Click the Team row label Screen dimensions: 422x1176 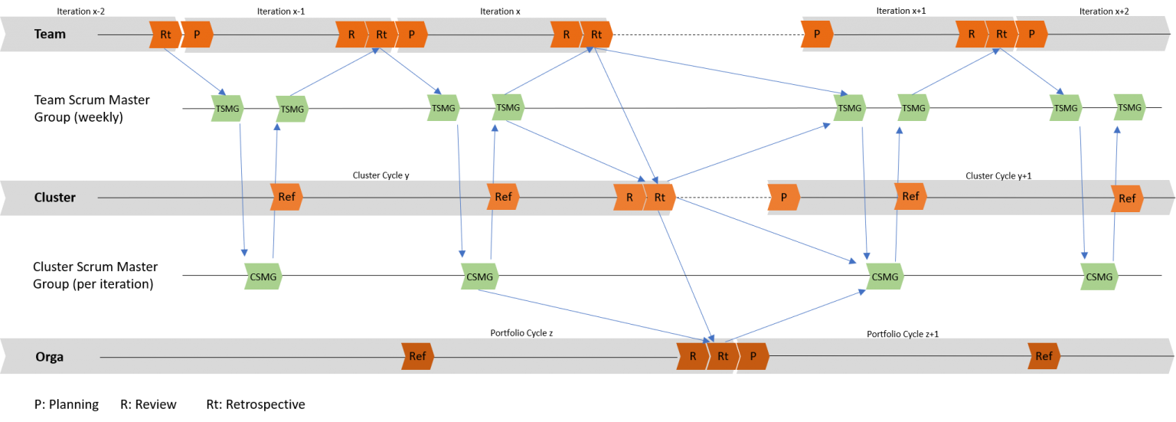click(x=50, y=34)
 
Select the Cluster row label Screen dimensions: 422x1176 click(x=54, y=198)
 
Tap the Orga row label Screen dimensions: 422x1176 click(x=49, y=356)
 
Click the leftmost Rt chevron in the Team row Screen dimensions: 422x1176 click(x=165, y=34)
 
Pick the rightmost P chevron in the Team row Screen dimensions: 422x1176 click(x=1031, y=34)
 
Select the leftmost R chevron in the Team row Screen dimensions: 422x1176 click(x=351, y=34)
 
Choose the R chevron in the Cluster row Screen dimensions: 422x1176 click(x=629, y=198)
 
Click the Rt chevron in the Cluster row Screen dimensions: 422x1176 click(x=659, y=198)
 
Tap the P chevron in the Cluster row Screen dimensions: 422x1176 click(x=783, y=198)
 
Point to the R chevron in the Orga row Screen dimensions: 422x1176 click(x=691, y=356)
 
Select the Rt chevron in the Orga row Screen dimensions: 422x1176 click(x=722, y=356)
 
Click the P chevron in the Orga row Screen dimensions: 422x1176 click(x=753, y=356)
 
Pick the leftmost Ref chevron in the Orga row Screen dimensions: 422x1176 click(x=417, y=356)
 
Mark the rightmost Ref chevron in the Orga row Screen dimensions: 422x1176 click(x=1044, y=356)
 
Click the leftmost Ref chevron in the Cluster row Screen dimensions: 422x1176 click(x=286, y=197)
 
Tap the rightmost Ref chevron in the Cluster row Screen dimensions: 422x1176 click(x=1127, y=198)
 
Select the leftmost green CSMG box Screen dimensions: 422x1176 click(x=263, y=276)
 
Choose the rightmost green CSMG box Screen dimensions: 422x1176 click(x=1099, y=276)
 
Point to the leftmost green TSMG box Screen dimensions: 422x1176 click(x=227, y=109)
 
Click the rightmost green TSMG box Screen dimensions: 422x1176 click(x=1129, y=108)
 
